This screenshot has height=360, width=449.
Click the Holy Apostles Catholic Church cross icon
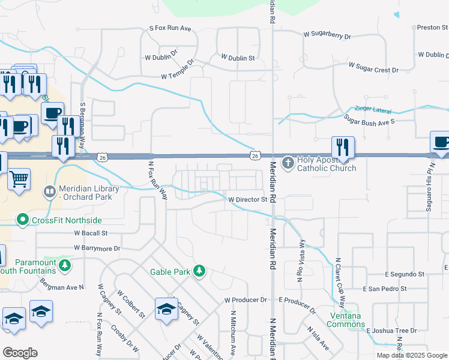288,162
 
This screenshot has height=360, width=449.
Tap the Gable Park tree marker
199,272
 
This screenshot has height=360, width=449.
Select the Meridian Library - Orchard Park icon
49,193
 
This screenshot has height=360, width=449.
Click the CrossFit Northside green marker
23,220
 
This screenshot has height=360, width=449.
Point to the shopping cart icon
19,179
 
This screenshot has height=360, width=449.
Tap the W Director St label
246,199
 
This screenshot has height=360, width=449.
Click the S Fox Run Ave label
170,28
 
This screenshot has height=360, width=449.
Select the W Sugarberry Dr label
327,36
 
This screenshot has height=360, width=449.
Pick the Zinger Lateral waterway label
372,110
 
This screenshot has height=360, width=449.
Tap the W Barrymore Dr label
97,248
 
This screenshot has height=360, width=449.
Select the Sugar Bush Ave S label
369,121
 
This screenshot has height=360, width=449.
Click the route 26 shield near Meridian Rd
256,156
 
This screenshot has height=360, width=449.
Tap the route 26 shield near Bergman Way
103,157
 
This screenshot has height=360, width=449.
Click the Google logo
20,353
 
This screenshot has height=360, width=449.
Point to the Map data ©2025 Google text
412,355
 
